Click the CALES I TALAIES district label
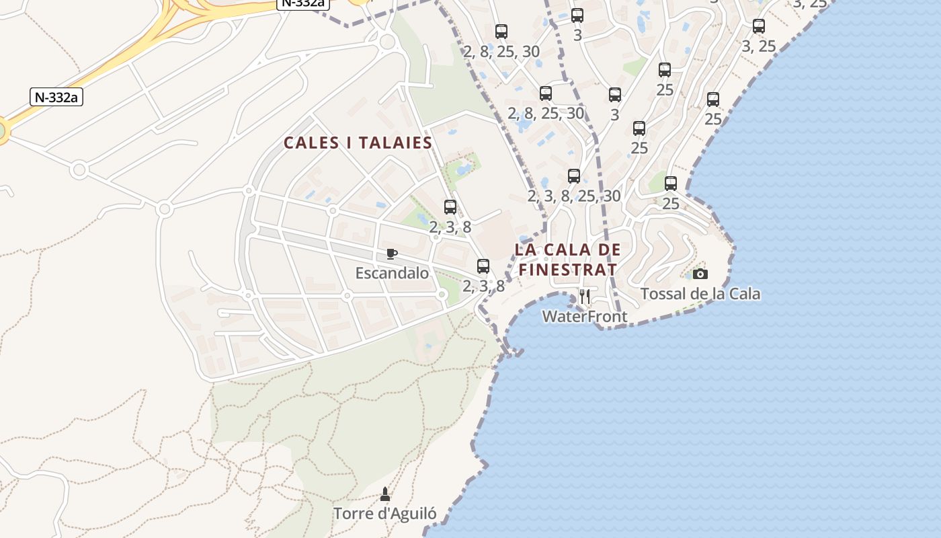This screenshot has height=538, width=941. [358, 143]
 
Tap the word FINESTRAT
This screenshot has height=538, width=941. [568, 270]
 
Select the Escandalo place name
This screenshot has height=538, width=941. [392, 273]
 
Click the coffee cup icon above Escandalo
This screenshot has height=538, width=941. [392, 254]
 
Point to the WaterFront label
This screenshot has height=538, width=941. [585, 316]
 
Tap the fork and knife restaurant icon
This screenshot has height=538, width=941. [585, 296]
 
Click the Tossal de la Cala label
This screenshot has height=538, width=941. [700, 294]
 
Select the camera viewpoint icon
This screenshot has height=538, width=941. [700, 274]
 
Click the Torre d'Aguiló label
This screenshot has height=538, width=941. [385, 514]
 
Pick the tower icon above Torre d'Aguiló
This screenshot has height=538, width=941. [385, 494]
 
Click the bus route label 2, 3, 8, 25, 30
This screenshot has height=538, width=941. [574, 196]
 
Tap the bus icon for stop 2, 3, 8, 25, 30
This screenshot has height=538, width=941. [574, 176]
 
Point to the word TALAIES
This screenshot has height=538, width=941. [395, 143]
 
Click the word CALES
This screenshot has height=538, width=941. [312, 143]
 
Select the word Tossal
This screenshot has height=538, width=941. [663, 294]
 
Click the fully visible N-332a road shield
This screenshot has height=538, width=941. [56, 97]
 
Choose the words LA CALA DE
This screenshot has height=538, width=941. [568, 249]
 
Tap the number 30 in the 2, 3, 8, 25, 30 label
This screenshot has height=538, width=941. [611, 196]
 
